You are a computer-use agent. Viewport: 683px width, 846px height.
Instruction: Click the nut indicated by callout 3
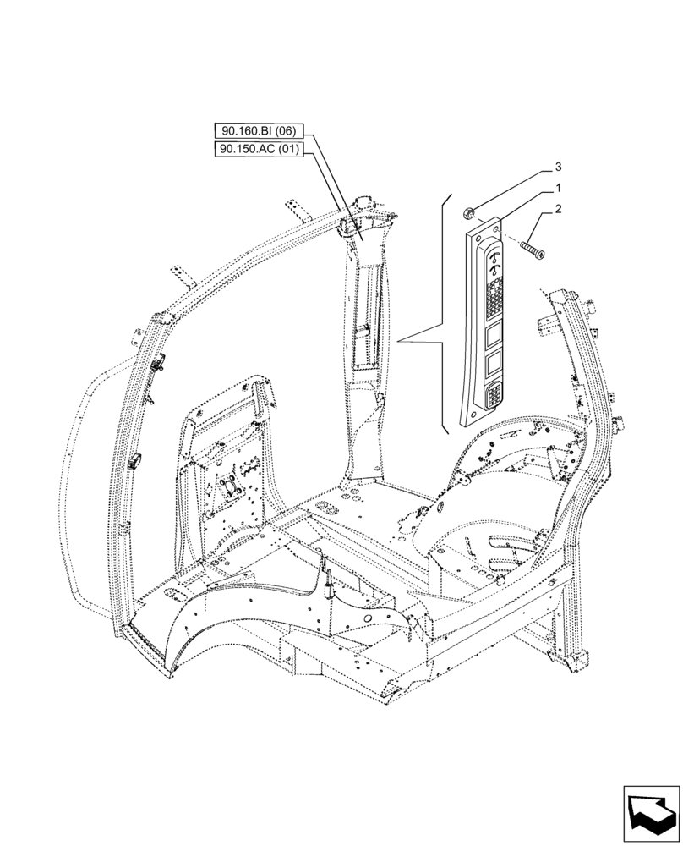[471, 212]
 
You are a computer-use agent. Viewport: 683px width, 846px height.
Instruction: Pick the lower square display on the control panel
[494, 365]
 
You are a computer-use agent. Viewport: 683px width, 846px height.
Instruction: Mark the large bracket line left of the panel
[442, 313]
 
